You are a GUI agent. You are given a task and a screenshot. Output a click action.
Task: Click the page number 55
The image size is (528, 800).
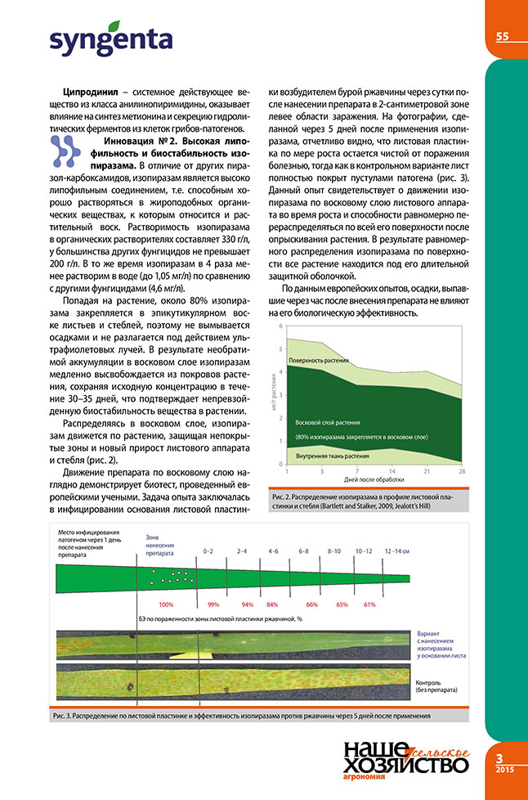click(502, 36)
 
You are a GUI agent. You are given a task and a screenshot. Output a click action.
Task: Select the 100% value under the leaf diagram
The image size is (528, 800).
click(167, 604)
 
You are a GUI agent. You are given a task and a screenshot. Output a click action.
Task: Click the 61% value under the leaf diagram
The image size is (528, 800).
click(369, 604)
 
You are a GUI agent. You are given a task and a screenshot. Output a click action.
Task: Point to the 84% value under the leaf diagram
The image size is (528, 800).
click(272, 604)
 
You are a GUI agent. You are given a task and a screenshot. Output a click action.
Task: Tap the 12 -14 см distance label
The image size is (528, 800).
click(398, 552)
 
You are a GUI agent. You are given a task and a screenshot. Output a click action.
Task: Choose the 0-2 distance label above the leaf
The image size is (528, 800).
click(209, 552)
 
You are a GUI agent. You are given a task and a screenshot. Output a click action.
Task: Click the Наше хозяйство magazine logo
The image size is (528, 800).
click(405, 756)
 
